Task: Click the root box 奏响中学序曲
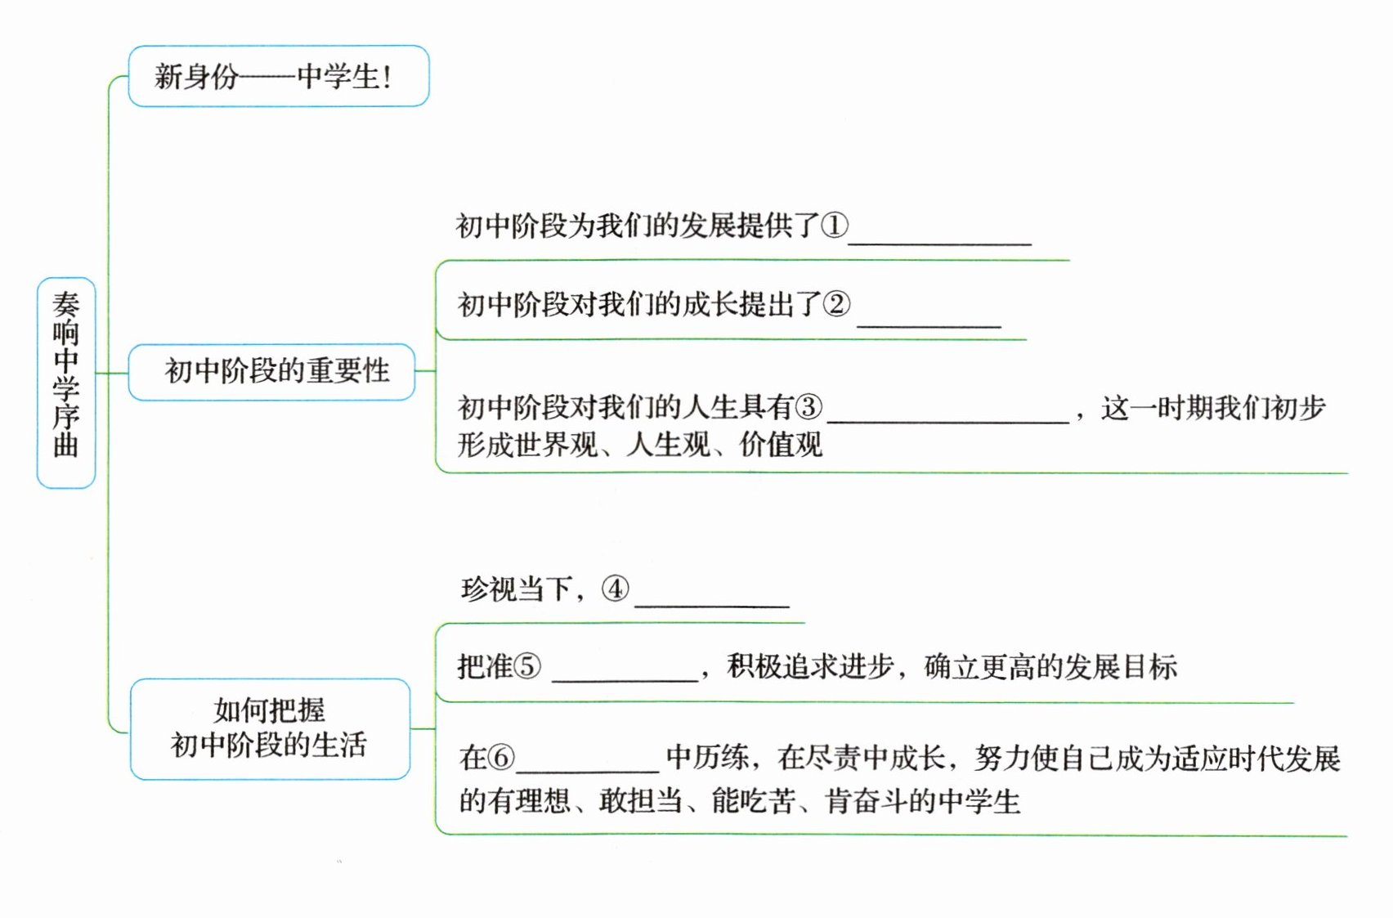point(66,383)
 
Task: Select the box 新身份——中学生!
point(278,76)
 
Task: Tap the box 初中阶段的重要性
point(272,372)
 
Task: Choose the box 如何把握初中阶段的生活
point(270,728)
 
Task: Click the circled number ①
point(835,225)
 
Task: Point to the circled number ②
point(836,304)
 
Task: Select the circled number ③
point(808,407)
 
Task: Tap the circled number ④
point(615,589)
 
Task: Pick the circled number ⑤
point(526,667)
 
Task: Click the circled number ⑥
point(501,758)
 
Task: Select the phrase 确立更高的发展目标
point(1050,667)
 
